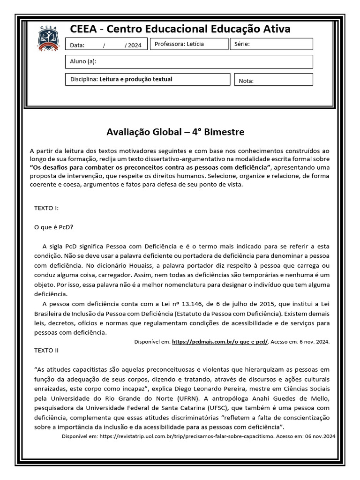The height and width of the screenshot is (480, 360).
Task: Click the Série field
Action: (271, 44)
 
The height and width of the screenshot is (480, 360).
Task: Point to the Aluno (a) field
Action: (188, 62)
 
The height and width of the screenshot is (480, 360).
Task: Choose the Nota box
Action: (273, 80)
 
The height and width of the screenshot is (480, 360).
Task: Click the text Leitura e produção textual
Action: (135, 79)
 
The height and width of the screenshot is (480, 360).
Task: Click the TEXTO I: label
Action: (46, 208)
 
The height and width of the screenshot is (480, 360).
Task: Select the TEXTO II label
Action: (46, 350)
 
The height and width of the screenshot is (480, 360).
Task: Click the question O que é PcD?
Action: (54, 227)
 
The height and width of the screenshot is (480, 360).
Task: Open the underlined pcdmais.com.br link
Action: (220, 342)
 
